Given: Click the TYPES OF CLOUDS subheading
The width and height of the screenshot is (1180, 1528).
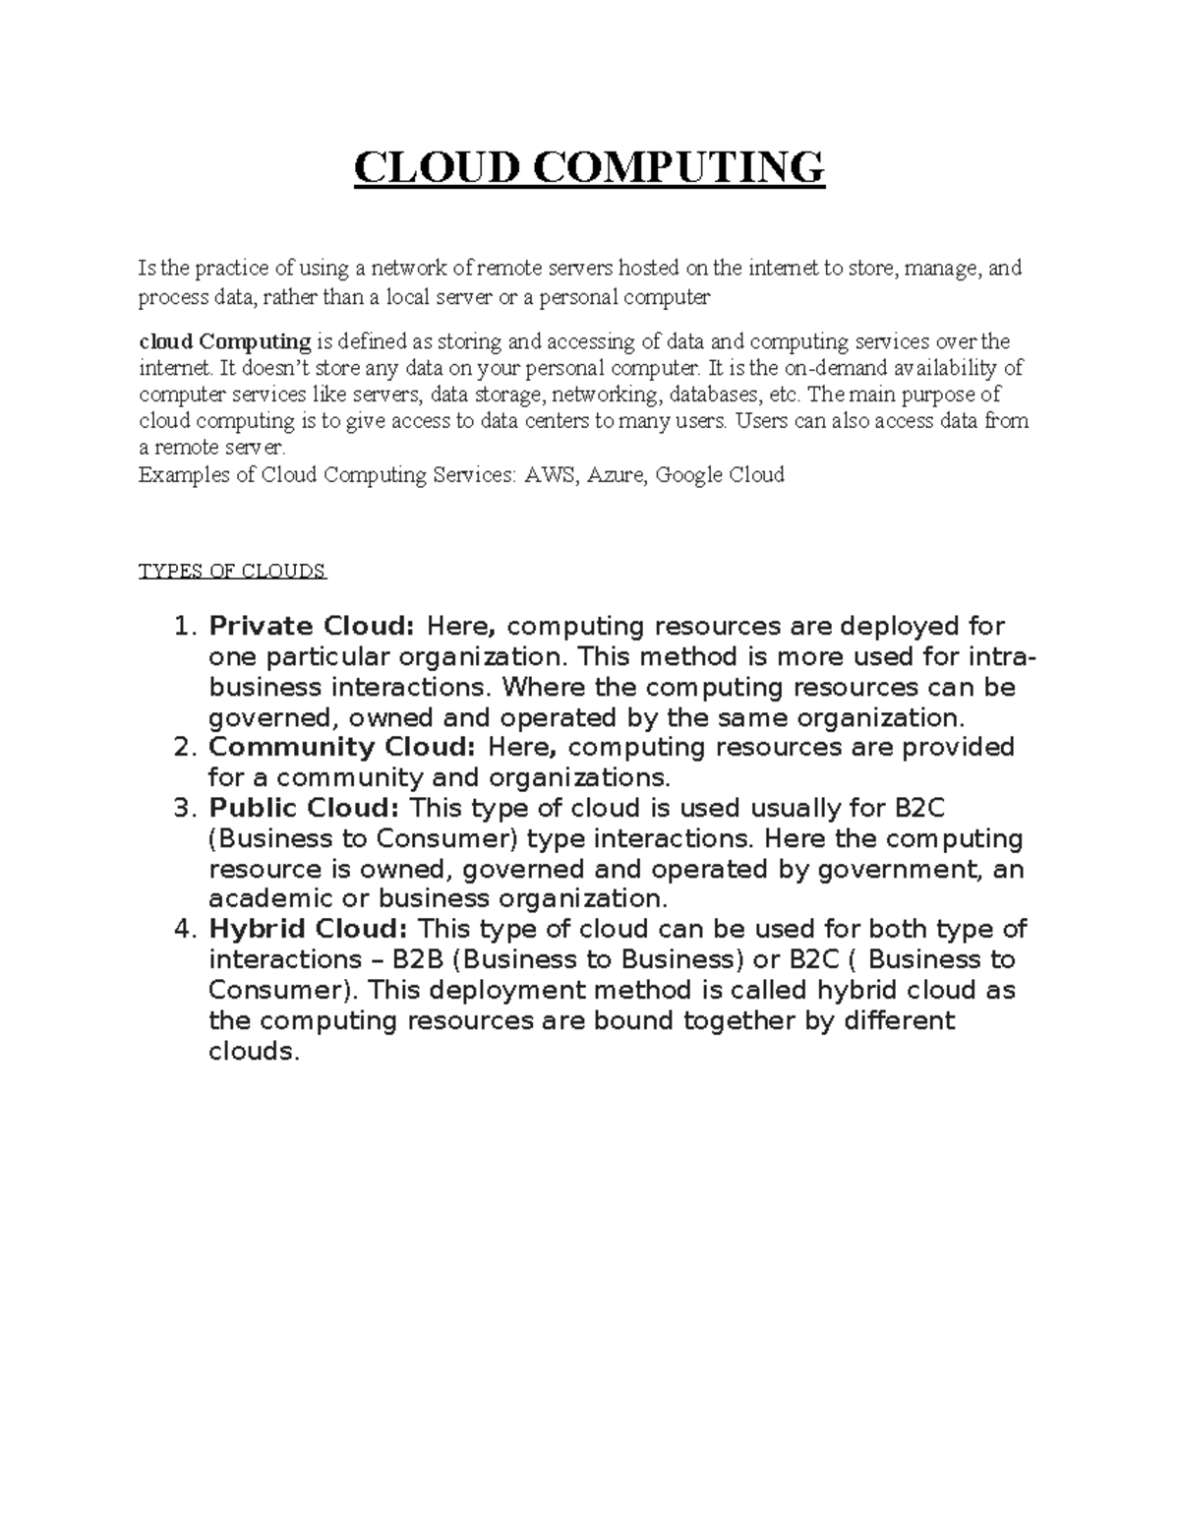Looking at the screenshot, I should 232,572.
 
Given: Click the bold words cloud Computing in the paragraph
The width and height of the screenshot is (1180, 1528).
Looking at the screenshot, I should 224,342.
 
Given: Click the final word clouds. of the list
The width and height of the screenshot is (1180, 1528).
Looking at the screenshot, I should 253,1052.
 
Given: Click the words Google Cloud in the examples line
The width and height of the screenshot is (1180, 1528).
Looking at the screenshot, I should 720,476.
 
